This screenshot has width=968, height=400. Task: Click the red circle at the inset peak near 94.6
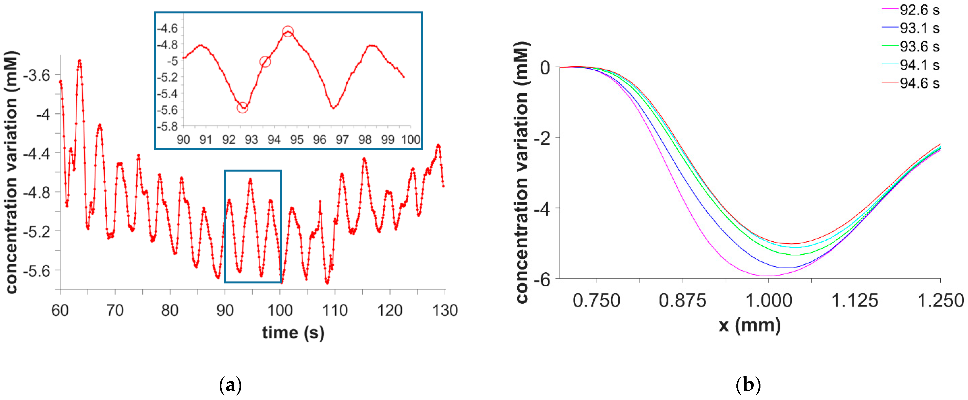(x=288, y=31)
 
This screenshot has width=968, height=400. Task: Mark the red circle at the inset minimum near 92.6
(x=243, y=107)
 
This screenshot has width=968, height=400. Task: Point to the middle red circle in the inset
(x=265, y=62)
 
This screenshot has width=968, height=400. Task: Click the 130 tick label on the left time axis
(x=445, y=311)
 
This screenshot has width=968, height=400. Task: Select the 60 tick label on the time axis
(x=60, y=311)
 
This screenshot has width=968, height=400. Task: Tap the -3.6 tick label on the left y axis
(x=36, y=75)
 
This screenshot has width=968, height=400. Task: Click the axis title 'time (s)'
(x=293, y=332)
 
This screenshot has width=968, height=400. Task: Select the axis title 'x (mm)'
(x=749, y=325)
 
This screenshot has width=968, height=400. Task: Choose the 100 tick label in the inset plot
(x=411, y=140)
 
